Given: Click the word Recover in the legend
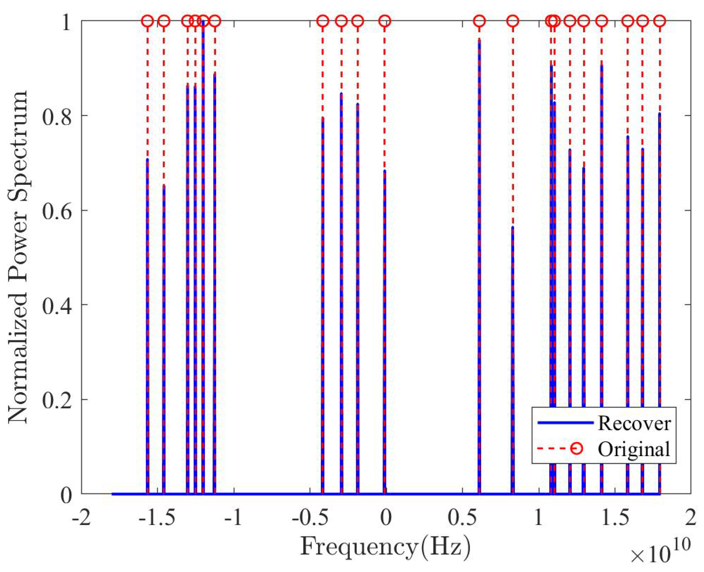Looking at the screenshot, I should click(x=634, y=423).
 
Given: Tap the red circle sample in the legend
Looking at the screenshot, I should click(x=576, y=449).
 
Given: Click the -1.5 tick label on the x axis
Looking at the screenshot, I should click(x=157, y=518).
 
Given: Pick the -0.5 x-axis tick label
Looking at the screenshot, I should click(x=310, y=518).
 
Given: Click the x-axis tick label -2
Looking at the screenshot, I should click(x=81, y=518).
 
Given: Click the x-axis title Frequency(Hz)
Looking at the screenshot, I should click(x=385, y=546).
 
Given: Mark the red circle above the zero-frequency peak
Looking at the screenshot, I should click(x=385, y=21).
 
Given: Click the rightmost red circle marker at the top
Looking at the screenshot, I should click(x=660, y=21).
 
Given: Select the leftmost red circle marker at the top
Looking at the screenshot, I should click(x=148, y=21).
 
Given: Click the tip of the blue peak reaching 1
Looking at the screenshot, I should click(x=203, y=21).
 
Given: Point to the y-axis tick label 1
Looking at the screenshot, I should click(x=67, y=22).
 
